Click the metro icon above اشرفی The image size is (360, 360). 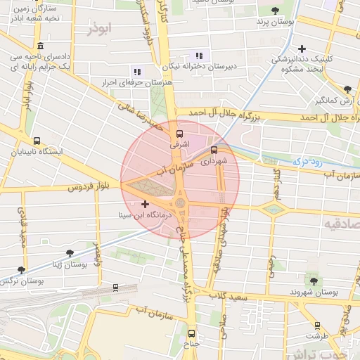point(179,132)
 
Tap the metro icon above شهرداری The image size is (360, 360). point(214,149)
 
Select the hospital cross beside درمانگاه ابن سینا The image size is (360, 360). point(146,204)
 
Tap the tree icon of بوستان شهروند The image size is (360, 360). point(314,281)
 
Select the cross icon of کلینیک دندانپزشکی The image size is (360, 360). point(302,49)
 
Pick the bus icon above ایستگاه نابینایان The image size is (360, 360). point(37,140)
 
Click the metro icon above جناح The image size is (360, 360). point(191,335)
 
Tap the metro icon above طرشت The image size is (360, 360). point(318,326)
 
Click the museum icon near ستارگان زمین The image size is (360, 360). point(40,46)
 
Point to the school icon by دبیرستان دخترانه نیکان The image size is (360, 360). point(199,55)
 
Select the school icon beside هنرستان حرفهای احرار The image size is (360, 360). point(136,71)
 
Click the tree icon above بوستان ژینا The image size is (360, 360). point(69,252)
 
